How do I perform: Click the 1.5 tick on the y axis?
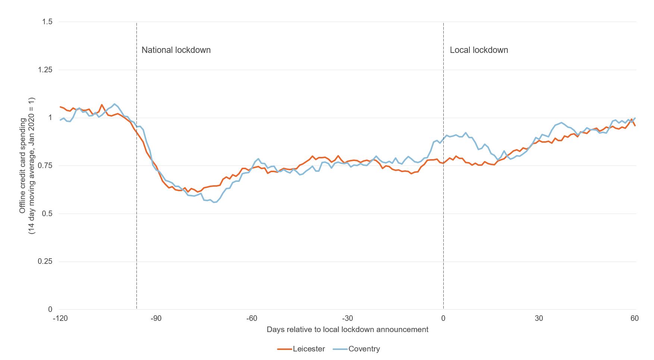[x=47, y=22]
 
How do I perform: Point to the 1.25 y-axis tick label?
[x=45, y=70]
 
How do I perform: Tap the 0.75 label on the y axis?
[x=45, y=166]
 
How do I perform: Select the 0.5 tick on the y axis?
[x=47, y=214]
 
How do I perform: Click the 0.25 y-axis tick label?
[x=45, y=262]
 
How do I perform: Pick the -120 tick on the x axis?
[x=60, y=318]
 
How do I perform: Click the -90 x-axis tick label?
[x=156, y=318]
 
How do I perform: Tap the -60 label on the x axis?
[x=252, y=318]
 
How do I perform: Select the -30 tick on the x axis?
[x=348, y=318]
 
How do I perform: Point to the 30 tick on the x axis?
[x=539, y=318]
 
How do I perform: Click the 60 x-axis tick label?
[x=635, y=318]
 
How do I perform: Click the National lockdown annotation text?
[x=176, y=50]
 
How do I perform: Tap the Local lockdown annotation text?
[x=479, y=50]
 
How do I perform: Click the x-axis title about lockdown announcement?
[x=348, y=329]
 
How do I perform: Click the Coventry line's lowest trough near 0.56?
[x=214, y=202]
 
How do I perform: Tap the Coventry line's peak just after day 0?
[x=466, y=133]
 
